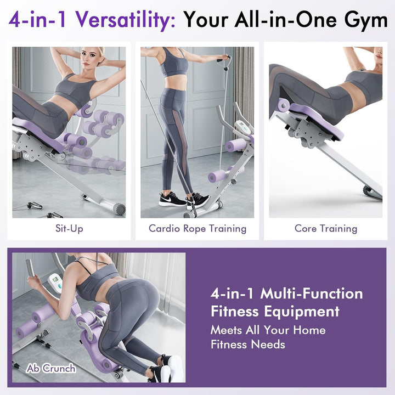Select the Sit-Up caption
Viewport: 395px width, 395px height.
click(x=69, y=228)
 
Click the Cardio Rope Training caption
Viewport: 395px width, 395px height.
click(x=198, y=228)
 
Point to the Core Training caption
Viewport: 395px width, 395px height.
click(x=326, y=228)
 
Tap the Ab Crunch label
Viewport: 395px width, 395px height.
click(x=50, y=368)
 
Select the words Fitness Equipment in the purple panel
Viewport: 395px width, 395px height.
click(x=275, y=312)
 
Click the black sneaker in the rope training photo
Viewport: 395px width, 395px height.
click(x=172, y=199)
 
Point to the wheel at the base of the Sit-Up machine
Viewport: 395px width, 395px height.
click(x=116, y=208)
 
